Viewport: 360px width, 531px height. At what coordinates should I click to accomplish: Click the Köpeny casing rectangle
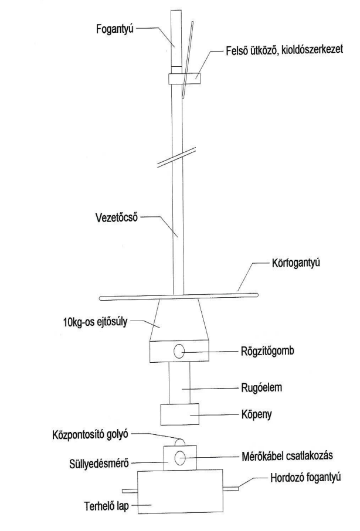coord(180,413)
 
